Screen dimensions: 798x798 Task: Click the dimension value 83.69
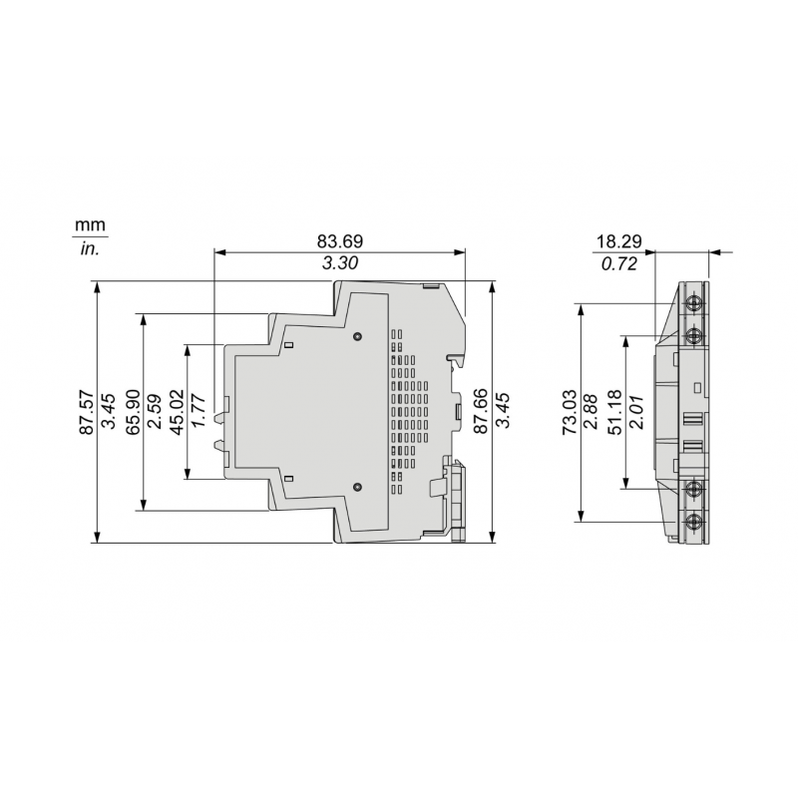click(339, 240)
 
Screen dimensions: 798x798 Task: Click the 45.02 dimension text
click(178, 412)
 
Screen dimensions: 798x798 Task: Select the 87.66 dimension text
click(481, 412)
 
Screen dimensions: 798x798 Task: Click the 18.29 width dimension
click(618, 241)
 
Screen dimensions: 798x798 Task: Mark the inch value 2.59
click(155, 412)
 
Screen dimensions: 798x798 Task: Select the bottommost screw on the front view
click(693, 520)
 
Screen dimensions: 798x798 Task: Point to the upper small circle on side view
click(357, 338)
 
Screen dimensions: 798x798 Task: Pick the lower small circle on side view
click(357, 487)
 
